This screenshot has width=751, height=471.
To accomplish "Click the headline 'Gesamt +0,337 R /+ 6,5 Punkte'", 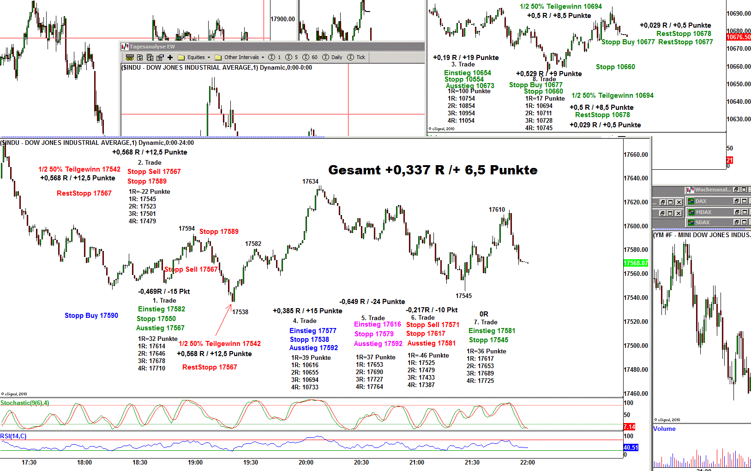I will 433,170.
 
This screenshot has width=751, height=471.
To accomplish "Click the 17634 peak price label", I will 310,181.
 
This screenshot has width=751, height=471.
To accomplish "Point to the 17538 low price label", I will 240,312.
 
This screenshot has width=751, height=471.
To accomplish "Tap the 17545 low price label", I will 463,296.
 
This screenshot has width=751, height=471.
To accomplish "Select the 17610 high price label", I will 497,209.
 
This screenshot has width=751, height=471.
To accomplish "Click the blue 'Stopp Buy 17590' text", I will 91,316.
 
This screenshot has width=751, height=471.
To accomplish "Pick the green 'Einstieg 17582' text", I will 161,309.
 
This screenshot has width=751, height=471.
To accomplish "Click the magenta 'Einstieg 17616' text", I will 377,324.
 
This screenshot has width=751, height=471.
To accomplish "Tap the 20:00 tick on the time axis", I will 306,462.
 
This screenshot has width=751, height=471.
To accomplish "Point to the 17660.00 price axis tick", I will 636,155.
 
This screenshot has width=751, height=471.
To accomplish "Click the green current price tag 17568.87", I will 636,263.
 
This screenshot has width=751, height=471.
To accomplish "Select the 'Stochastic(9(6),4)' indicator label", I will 24,403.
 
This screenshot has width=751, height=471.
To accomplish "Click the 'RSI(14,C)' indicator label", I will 13,436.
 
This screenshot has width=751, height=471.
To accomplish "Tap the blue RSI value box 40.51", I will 631,447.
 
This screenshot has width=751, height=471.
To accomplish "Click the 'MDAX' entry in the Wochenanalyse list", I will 703,212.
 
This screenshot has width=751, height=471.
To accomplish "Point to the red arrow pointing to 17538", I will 223,319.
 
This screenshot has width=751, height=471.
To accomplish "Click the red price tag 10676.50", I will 738,37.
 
